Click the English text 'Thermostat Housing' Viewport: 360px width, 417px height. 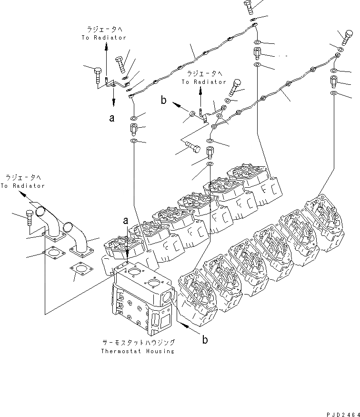coord(137,351)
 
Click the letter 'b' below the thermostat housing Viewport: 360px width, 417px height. coord(205,340)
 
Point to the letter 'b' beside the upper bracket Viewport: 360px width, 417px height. coord(163,101)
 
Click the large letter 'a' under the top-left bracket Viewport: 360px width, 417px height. coord(112,118)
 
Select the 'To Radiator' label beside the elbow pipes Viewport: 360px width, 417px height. coord(22,182)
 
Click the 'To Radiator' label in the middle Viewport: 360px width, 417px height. coord(204,78)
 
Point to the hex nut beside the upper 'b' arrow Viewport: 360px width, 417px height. coord(191,114)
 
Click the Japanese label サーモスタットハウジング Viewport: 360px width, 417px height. coord(138,343)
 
